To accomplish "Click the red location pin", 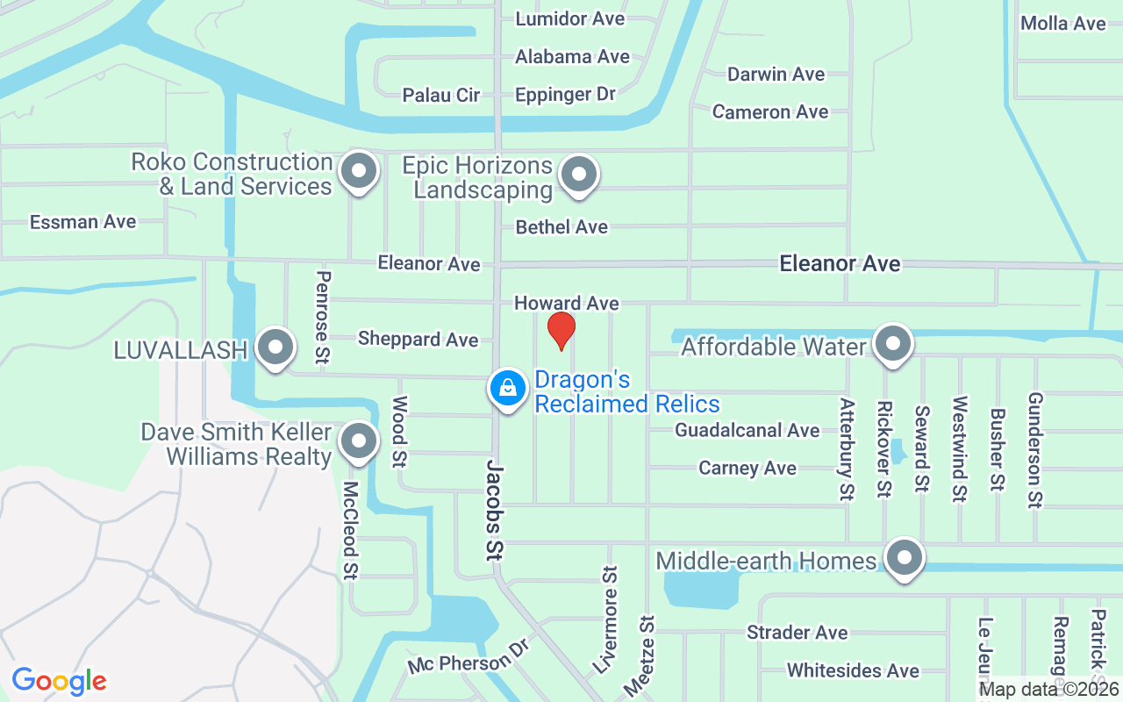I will click(x=561, y=330).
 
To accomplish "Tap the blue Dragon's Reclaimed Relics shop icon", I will click(x=506, y=387).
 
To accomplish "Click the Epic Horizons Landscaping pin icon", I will click(x=578, y=173).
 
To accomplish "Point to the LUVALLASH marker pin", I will click(x=276, y=347).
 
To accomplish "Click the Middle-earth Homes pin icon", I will click(x=904, y=558).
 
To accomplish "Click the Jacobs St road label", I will click(x=494, y=508).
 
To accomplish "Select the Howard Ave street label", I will click(x=566, y=303).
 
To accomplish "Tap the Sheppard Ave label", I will click(x=418, y=339).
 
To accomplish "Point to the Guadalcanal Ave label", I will click(x=747, y=430).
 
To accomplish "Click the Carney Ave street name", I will click(x=747, y=468).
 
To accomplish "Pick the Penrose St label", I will click(x=323, y=317).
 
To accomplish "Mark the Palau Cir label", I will click(x=440, y=95).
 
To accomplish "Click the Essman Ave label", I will click(x=82, y=222).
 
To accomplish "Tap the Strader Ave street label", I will click(x=797, y=633).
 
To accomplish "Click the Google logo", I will click(x=59, y=681).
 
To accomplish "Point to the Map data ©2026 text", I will click(x=1048, y=690).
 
